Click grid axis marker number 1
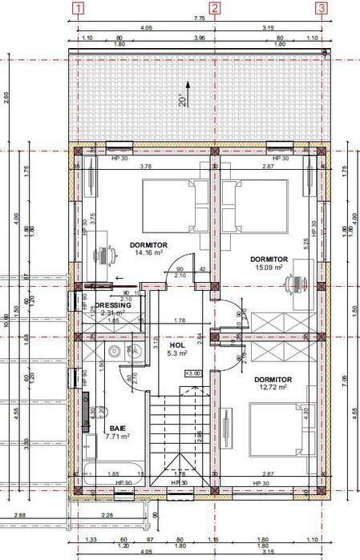coord(79,9)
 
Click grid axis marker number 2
coord(214,9)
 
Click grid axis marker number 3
coord(322,9)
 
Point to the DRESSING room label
coord(113,305)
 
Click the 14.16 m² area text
coord(148,252)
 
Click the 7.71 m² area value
coord(101,437)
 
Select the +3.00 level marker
coord(192,373)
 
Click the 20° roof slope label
coord(183,101)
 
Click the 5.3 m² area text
coord(176,353)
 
